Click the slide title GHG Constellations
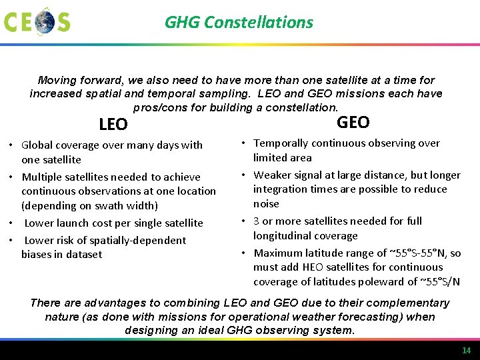239,22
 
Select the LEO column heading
113,125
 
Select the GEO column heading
353,122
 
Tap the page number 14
466,351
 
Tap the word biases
37,254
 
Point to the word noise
266,203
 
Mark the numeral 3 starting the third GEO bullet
257,221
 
